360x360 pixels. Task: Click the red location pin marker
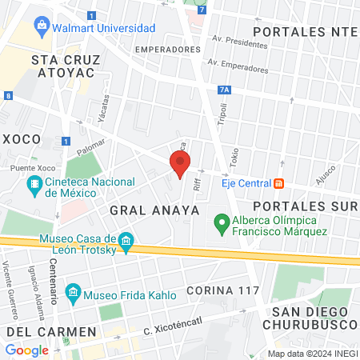pyautogui.click(x=180, y=164)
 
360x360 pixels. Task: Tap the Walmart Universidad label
pyautogui.click(x=106, y=28)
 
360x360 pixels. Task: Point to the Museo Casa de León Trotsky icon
pyautogui.click(x=126, y=241)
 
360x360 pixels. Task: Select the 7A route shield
pyautogui.click(x=224, y=90)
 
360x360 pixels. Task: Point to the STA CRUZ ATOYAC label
pyautogui.click(x=62, y=66)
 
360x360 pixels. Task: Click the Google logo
pyautogui.click(x=26, y=350)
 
